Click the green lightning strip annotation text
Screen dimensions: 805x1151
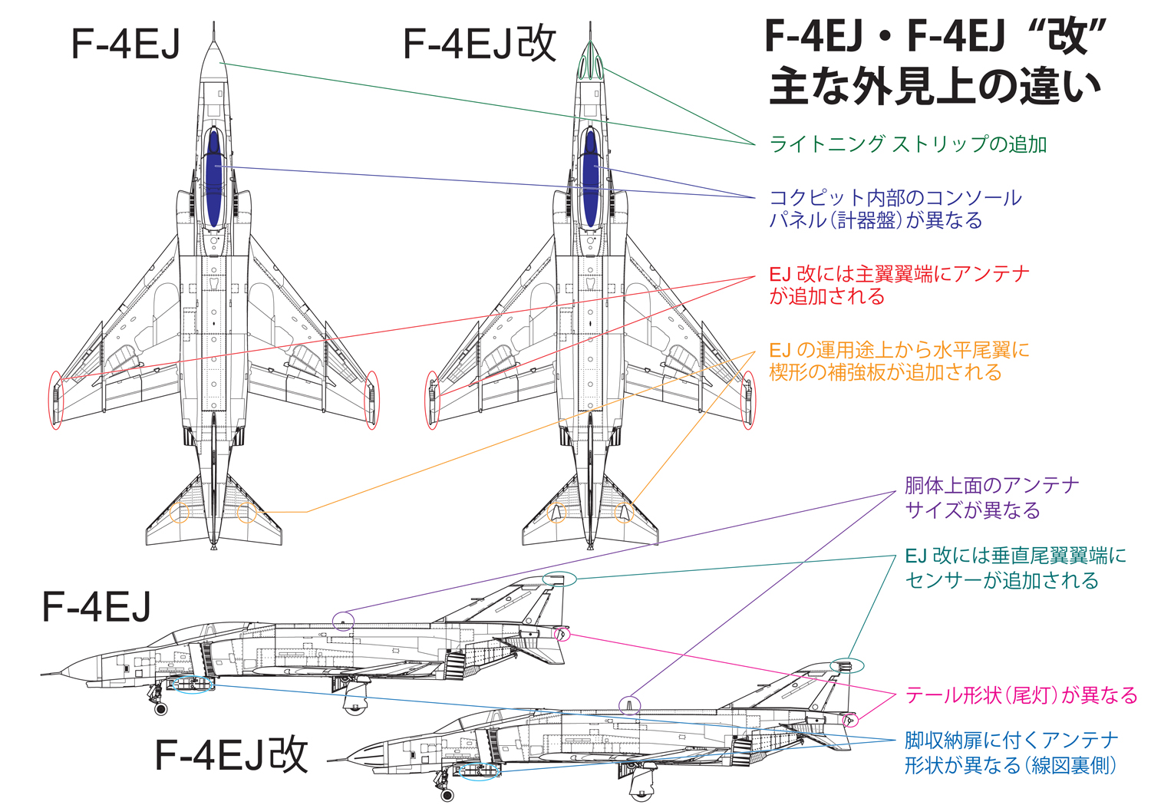point(907,144)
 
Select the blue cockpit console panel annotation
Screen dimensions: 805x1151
point(895,209)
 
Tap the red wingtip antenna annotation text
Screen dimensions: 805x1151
point(899,285)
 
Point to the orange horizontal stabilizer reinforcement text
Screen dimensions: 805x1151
point(899,361)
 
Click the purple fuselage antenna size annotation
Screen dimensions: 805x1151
point(991,497)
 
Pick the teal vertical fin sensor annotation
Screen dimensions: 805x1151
point(1014,567)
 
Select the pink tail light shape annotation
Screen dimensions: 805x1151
point(1021,695)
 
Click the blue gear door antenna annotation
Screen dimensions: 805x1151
point(1011,752)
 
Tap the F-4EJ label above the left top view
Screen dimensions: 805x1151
point(125,44)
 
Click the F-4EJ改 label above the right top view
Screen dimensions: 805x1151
point(479,44)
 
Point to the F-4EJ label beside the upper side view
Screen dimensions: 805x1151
point(97,606)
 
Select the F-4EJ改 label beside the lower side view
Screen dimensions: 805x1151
point(231,754)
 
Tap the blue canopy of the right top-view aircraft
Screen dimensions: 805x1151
point(590,177)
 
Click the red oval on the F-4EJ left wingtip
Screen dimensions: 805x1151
point(55,399)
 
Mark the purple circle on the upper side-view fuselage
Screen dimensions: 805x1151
point(344,621)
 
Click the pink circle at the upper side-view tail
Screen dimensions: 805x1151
point(562,633)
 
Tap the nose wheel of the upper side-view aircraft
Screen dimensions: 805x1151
point(160,708)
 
